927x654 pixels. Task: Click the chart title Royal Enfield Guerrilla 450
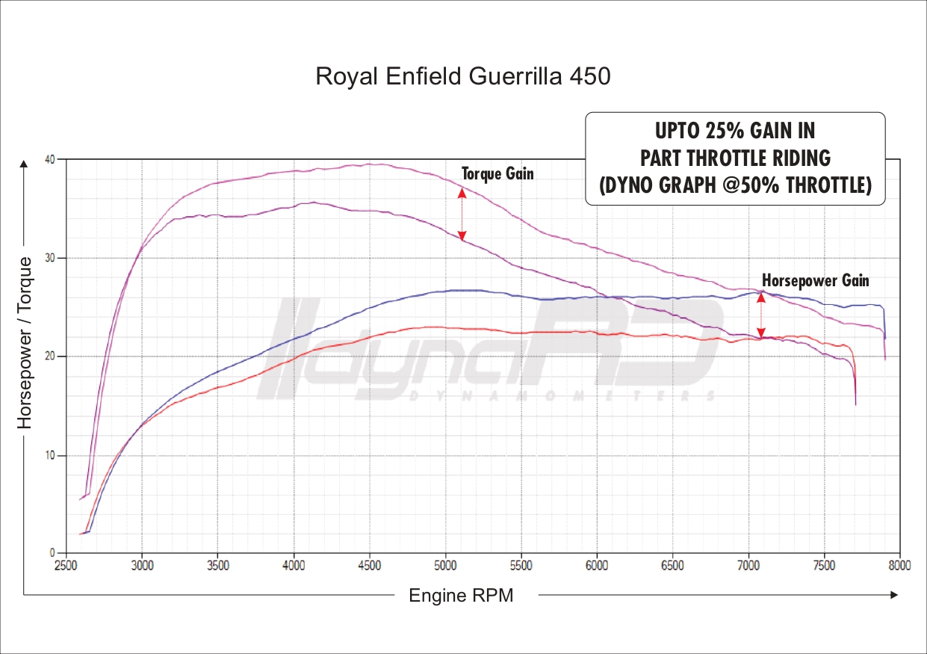tap(463, 76)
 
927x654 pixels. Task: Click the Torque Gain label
tap(497, 173)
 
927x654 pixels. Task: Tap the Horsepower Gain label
tap(816, 280)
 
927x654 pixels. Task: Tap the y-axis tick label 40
tap(49, 159)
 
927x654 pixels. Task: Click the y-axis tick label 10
tap(49, 455)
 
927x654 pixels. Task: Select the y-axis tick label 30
tap(49, 258)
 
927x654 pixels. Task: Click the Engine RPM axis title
tap(461, 596)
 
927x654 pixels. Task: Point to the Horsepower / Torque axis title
tap(25, 342)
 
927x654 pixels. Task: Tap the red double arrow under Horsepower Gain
tap(761, 316)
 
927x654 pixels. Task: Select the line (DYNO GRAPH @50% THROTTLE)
tap(734, 185)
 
